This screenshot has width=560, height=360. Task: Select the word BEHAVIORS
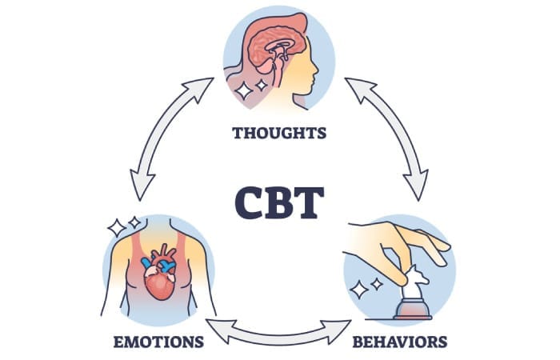[x=400, y=343]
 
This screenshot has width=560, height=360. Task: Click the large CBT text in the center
[x=280, y=202]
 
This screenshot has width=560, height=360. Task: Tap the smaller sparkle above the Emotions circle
[x=134, y=220]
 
